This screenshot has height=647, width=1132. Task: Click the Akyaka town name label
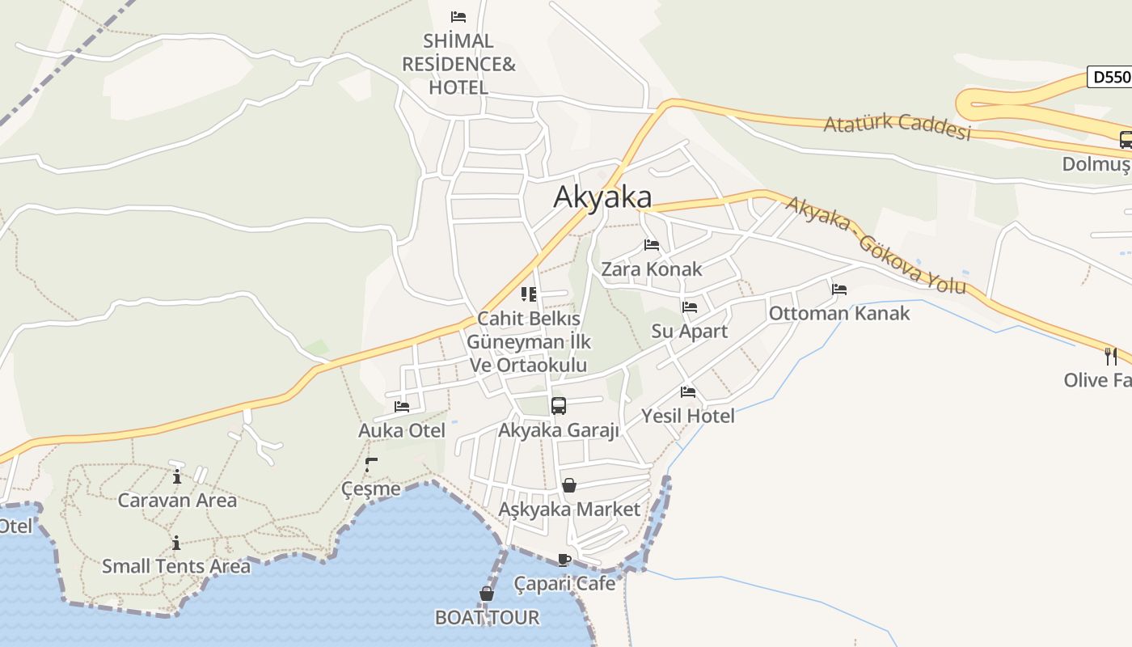tap(602, 197)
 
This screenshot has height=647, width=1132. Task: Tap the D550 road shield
tap(1109, 77)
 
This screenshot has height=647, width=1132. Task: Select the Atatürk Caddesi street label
tap(897, 126)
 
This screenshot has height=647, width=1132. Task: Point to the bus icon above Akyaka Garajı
tap(559, 406)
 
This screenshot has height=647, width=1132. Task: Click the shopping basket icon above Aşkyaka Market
tap(569, 485)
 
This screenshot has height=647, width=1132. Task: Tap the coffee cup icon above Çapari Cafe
tap(564, 560)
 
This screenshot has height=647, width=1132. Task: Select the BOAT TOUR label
tap(487, 617)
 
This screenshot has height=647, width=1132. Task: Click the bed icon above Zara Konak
tap(652, 245)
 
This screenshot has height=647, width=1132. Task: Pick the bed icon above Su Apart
tap(690, 307)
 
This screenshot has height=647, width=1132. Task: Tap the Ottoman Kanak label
tap(839, 313)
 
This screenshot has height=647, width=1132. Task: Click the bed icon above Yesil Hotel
tap(688, 392)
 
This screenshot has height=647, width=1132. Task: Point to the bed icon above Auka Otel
tap(402, 407)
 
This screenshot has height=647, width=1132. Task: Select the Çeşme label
tap(371, 488)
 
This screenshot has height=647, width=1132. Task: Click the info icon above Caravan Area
tap(177, 476)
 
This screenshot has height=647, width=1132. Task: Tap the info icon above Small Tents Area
tap(176, 543)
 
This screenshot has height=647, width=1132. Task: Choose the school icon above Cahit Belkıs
tap(529, 294)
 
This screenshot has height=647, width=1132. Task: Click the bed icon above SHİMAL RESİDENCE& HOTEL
tap(458, 16)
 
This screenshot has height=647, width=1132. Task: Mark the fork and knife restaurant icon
tap(1111, 356)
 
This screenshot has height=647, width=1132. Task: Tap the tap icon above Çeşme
tap(371, 465)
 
